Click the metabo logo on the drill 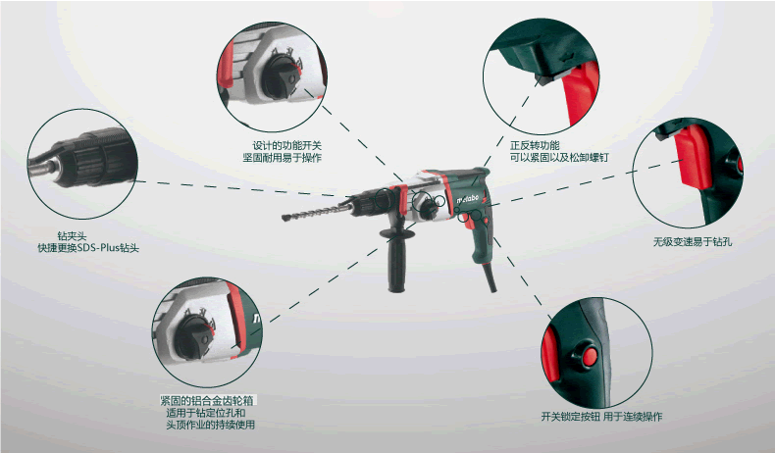467,199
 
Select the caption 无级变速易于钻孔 693,241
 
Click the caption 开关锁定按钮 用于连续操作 601,417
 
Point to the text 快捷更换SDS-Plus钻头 88,247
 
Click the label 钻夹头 72,236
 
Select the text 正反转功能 535,145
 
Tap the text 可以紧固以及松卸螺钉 559,157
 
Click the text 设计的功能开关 287,146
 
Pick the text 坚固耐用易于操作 283,158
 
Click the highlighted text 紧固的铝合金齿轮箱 207,401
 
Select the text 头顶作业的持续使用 211,425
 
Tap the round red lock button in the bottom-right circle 590,356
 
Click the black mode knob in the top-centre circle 282,75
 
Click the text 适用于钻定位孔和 206,413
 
